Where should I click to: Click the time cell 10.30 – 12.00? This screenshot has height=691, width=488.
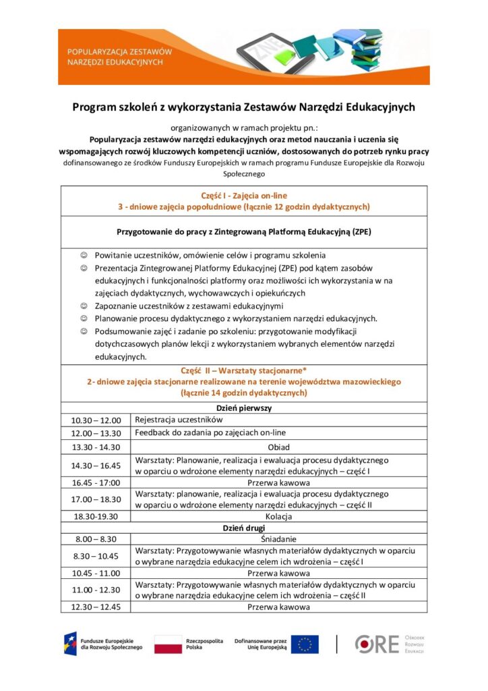click(x=96, y=420)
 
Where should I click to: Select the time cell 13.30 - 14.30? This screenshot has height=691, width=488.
click(x=96, y=447)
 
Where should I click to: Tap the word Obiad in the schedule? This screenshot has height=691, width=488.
click(x=278, y=447)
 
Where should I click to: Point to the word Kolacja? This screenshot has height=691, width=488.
click(x=278, y=516)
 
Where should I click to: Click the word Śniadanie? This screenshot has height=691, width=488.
click(x=278, y=539)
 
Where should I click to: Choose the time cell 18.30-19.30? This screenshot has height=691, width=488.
click(x=96, y=517)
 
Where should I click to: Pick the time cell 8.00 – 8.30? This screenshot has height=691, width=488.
click(x=96, y=539)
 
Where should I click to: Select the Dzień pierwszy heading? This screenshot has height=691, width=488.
click(x=243, y=408)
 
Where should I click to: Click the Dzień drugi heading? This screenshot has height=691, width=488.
click(x=243, y=528)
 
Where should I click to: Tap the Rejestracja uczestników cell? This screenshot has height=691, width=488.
click(x=179, y=420)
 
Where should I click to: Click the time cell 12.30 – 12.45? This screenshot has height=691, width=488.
click(x=96, y=607)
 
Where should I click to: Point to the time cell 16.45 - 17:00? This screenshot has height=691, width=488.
click(x=96, y=482)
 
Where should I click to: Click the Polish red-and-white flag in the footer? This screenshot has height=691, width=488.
click(x=168, y=644)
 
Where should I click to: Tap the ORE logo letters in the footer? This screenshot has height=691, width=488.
click(x=377, y=644)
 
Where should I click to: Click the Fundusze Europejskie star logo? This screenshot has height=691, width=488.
click(x=70, y=644)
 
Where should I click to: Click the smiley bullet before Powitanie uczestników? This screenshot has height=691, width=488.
click(x=84, y=256)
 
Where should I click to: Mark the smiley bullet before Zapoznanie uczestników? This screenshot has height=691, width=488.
click(x=84, y=306)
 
